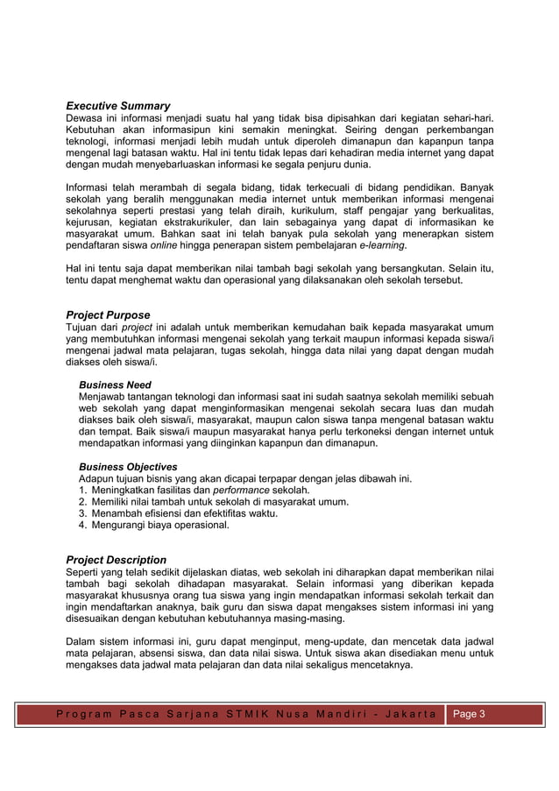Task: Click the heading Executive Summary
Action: coord(118,106)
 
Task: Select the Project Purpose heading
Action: coord(108,314)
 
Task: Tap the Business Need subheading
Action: coord(115,385)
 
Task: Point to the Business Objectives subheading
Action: coord(128,466)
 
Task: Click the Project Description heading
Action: coord(116,559)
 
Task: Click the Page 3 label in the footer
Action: coord(467,714)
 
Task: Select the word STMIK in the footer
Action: coord(252,714)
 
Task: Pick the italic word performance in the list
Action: coord(241,490)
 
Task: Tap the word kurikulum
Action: coord(303,210)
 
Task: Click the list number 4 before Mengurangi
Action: coord(81,525)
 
